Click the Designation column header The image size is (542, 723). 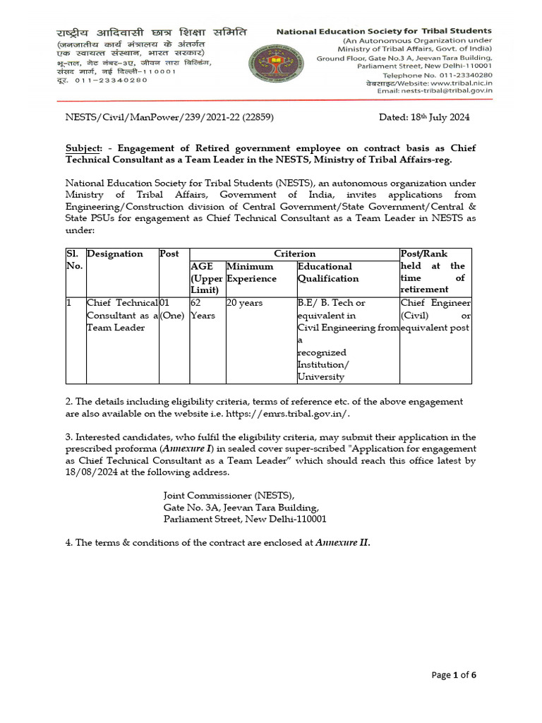[114, 253]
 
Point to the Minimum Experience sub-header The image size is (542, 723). [250, 273]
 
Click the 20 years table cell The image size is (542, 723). [244, 303]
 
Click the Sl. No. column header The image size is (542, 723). [75, 260]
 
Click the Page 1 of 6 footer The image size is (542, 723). [454, 675]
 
